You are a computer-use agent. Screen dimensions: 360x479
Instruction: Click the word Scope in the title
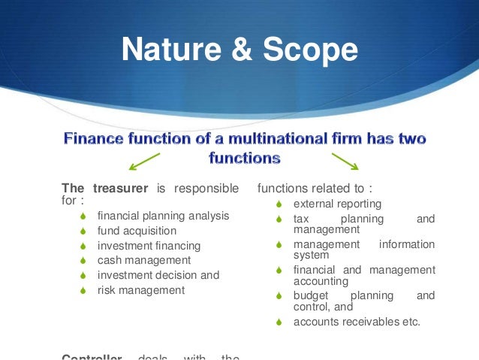[309, 50]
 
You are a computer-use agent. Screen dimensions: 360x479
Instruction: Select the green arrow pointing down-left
[143, 161]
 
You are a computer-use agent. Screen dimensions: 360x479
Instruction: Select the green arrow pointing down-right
[345, 161]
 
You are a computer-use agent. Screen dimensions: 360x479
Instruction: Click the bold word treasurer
[120, 188]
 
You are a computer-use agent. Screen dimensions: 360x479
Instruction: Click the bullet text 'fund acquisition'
[137, 231]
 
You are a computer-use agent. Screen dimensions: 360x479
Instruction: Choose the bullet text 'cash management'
[139, 260]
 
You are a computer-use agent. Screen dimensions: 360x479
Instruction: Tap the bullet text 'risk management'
[140, 289]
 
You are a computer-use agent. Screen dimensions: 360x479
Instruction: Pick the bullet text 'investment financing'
[149, 246]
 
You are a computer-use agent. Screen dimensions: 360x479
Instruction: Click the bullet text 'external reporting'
[337, 204]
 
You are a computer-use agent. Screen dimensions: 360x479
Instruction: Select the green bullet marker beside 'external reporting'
[278, 204]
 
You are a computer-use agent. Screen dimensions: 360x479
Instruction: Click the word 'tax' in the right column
[302, 219]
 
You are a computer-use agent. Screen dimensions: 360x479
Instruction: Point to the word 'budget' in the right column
[309, 295]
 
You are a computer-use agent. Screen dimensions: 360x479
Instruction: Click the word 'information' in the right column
[407, 244]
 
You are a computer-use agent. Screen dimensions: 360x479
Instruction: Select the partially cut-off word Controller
[92, 356]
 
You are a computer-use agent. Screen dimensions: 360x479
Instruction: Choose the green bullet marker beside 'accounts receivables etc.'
[278, 322]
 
